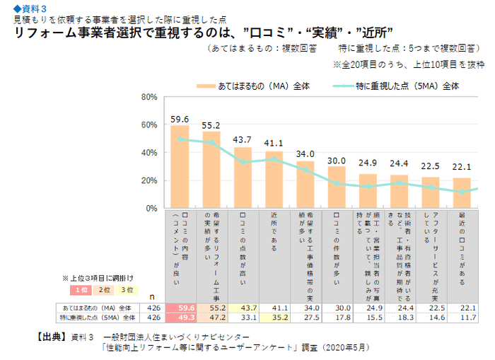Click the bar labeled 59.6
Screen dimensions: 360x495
[x=180, y=167]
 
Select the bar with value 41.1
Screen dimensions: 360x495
[x=274, y=180]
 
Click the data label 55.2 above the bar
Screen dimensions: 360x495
[x=211, y=125]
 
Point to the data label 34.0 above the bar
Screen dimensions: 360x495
[x=305, y=154]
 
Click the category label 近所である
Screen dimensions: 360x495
[x=274, y=233]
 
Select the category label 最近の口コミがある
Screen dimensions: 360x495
[x=461, y=244]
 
